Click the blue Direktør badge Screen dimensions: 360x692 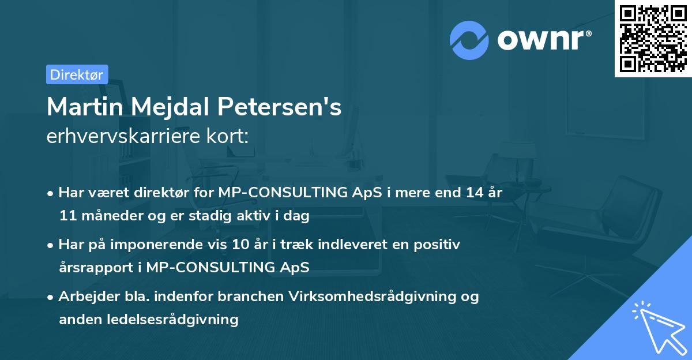77,74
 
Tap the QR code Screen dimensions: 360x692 652,38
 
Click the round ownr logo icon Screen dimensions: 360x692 469,40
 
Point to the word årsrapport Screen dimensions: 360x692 93,268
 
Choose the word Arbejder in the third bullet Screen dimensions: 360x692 84,297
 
